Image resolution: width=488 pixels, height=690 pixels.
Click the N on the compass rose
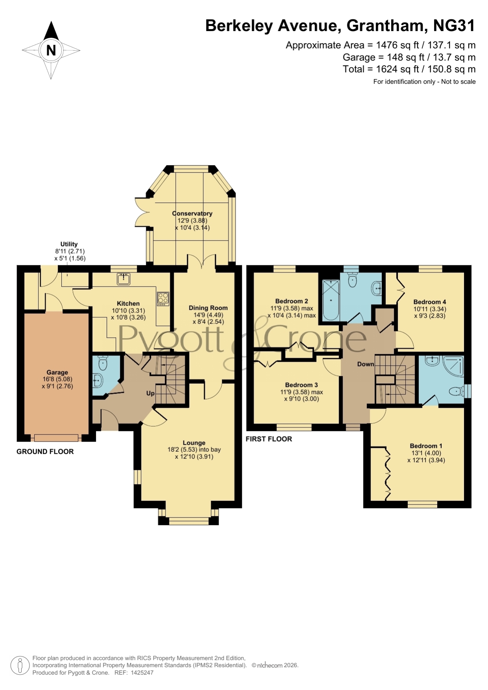point(51,50)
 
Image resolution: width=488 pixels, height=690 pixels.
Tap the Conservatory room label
point(192,213)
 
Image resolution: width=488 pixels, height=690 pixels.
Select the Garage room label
point(57,372)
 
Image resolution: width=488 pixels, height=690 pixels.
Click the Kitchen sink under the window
point(123,279)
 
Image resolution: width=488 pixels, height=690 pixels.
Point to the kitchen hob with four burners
point(163,298)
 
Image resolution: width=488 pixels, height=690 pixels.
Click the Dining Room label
point(208,308)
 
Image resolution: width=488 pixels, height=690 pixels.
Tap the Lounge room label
point(194,443)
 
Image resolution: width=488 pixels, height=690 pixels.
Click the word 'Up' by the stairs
point(150,393)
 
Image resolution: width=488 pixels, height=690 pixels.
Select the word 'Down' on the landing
point(366,364)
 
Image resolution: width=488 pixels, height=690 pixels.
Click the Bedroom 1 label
point(426,446)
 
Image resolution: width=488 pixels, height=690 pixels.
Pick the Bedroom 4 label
point(430,302)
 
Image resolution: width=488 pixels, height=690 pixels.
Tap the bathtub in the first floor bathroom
point(331,300)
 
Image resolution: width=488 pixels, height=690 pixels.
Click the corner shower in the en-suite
point(453,366)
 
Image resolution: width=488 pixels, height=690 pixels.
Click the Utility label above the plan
point(69,244)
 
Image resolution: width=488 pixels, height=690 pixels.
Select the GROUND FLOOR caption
point(45,452)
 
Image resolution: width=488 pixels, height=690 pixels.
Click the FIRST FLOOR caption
point(269,439)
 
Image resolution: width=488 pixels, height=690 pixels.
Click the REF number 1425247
point(142,673)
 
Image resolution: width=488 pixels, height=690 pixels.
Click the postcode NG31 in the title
point(454,26)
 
